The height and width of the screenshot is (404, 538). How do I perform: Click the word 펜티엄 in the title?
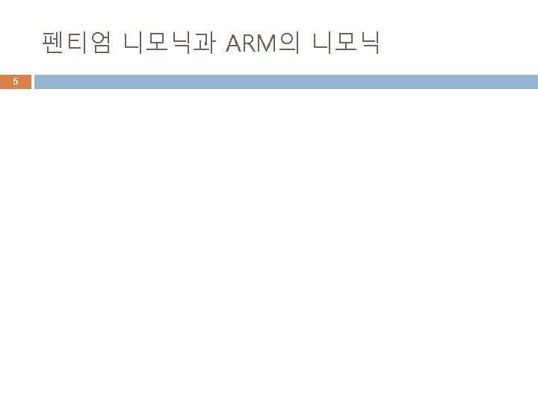[x=77, y=44]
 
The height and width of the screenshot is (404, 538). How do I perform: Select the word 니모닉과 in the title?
[x=170, y=44]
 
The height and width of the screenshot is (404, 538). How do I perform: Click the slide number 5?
[x=16, y=82]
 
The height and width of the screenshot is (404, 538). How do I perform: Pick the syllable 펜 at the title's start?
[x=55, y=44]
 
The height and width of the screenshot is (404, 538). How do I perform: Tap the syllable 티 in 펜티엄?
[x=77, y=44]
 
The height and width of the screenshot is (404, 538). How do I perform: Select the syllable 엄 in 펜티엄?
[x=99, y=44]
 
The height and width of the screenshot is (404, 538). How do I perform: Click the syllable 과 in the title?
[x=204, y=44]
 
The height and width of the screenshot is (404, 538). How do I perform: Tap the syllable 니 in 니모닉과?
[x=136, y=44]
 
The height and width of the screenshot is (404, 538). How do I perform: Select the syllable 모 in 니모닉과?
[x=158, y=44]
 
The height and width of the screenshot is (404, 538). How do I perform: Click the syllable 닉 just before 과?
[x=181, y=44]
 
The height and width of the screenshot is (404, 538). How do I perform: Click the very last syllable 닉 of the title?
[x=369, y=44]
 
